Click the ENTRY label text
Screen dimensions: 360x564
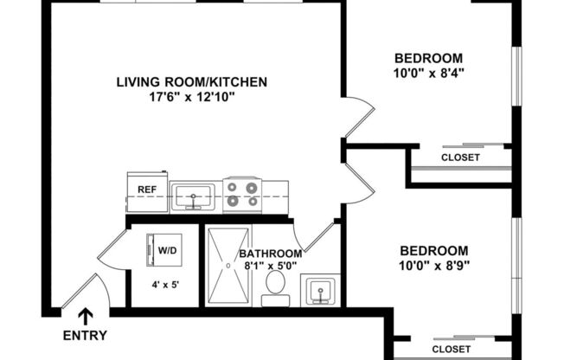tap(86, 336)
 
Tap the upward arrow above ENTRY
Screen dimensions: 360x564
tap(86, 317)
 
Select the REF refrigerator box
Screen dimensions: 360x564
tap(146, 196)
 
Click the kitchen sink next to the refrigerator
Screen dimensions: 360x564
tap(194, 197)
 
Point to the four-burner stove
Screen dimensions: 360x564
tap(243, 196)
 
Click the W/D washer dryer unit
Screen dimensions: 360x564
tap(167, 251)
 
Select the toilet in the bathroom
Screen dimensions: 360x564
tap(277, 285)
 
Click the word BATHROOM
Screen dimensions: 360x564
tap(271, 254)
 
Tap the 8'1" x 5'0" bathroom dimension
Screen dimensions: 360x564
tap(271, 267)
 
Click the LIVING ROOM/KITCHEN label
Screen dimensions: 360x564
tap(191, 82)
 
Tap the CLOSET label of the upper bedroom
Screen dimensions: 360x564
tap(460, 157)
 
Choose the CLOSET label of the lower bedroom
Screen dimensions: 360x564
tap(451, 349)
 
